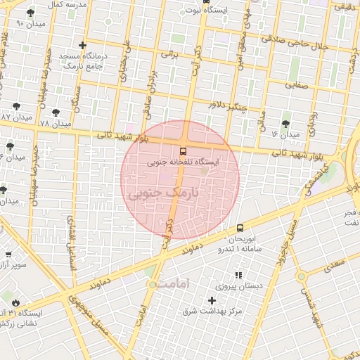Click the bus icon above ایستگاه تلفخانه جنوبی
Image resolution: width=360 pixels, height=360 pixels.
pyautogui.click(x=183, y=151)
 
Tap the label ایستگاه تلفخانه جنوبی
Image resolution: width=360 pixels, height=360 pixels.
pyautogui.click(x=183, y=162)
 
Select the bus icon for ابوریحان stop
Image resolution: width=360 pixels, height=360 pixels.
pyautogui.click(x=240, y=229)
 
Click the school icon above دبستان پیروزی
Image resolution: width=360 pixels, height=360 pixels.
pyautogui.click(x=238, y=275)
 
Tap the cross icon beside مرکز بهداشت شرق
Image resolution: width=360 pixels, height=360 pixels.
pyautogui.click(x=212, y=300)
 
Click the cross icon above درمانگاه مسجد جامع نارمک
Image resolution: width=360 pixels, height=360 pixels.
pyautogui.click(x=83, y=46)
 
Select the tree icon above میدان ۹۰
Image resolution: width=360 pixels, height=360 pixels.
pyautogui.click(x=30, y=13)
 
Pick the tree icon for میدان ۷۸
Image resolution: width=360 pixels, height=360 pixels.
pyautogui.click(x=56, y=112)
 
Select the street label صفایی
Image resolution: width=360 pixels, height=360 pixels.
pyautogui.click(x=296, y=84)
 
